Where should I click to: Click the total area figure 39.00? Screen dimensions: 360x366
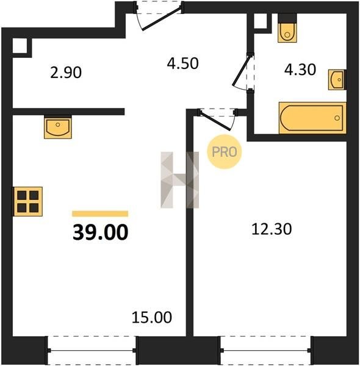point(101,232)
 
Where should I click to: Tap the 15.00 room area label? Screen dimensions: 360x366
point(152,317)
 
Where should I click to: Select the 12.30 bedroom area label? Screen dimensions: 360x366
point(272,229)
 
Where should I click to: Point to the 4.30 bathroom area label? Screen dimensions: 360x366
point(300,70)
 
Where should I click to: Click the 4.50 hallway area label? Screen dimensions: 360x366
point(182,63)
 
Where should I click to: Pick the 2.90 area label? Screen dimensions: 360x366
point(66,73)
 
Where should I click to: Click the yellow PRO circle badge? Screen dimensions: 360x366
point(224,152)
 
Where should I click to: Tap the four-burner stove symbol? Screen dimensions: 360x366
point(27,201)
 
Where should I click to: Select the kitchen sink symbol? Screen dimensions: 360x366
point(58,127)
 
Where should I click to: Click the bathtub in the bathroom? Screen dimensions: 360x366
point(312,118)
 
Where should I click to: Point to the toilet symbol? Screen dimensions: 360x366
point(287,28)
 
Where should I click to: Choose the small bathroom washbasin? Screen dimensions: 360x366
point(337,79)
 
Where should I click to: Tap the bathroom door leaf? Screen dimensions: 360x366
point(242,71)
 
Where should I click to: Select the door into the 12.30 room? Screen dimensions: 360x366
point(215,121)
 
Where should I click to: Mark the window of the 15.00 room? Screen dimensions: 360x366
point(92,350)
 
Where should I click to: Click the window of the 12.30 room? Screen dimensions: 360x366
point(265,350)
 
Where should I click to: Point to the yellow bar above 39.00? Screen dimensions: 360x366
point(100,213)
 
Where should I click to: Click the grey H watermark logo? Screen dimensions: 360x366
point(180,180)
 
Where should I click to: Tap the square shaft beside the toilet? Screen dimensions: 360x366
point(261,21)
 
